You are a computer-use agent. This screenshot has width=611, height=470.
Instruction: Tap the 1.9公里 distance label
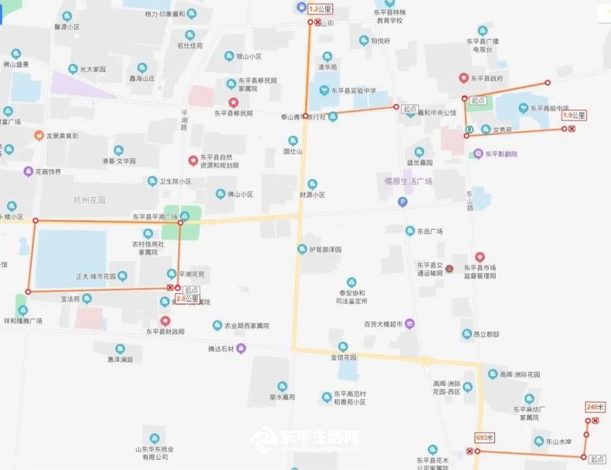(x=574, y=115)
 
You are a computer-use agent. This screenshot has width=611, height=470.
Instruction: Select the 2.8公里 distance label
(x=187, y=298)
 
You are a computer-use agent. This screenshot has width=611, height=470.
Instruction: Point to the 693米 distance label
(x=485, y=437)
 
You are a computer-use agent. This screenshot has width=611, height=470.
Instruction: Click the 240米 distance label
(x=595, y=407)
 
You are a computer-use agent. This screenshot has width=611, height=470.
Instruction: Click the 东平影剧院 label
(x=500, y=153)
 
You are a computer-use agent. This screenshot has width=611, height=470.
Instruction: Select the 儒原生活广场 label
(x=408, y=181)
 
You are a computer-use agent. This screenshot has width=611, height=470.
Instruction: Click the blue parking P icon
(x=402, y=201)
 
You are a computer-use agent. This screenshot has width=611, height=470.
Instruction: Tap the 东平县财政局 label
(x=165, y=331)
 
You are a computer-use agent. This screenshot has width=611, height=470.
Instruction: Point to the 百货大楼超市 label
(x=384, y=324)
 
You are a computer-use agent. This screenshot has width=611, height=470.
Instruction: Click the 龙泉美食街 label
(x=62, y=136)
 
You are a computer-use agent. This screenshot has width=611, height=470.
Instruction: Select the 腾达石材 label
(x=221, y=348)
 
